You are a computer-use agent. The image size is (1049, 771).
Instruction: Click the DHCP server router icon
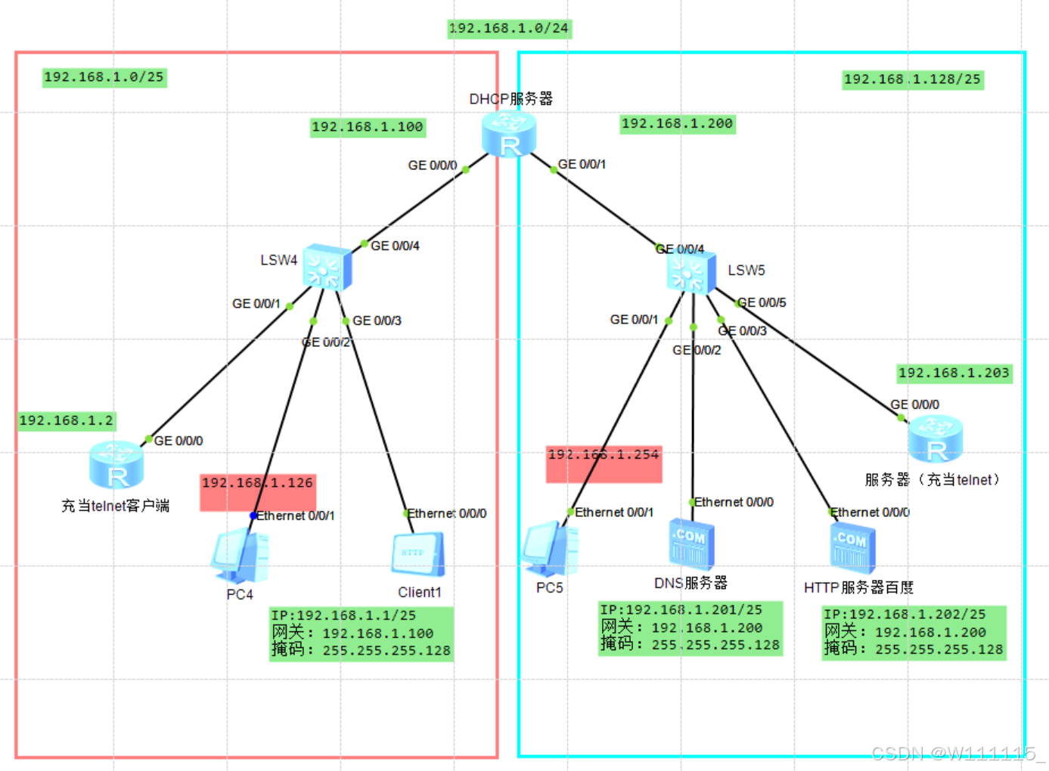[509, 134]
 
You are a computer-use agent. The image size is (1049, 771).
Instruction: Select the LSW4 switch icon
[327, 267]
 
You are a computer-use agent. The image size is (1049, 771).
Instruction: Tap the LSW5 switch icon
[691, 271]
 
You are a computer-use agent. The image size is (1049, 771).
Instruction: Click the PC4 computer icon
[241, 556]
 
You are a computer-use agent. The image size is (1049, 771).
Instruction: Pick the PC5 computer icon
[551, 550]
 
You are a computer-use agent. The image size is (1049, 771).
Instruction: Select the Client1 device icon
[417, 556]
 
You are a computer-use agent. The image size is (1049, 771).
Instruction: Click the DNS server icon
[691, 544]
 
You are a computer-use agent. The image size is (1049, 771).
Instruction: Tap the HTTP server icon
[852, 549]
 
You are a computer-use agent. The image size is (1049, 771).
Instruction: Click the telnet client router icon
[116, 466]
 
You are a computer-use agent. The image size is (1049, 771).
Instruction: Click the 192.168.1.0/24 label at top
[509, 29]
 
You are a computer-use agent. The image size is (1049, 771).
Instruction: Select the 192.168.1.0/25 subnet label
[104, 77]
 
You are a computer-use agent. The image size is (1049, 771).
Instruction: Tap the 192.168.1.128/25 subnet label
[912, 79]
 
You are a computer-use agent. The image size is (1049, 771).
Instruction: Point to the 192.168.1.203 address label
[954, 373]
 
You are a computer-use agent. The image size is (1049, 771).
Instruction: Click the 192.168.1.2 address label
[67, 421]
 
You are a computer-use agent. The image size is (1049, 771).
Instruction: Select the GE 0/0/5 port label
[762, 302]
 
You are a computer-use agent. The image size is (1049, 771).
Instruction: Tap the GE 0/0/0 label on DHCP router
[432, 165]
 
